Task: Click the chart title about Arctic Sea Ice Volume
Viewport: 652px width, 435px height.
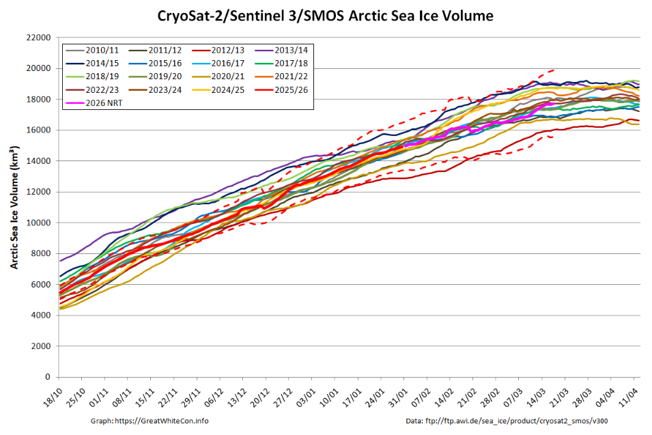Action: pos(326,15)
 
